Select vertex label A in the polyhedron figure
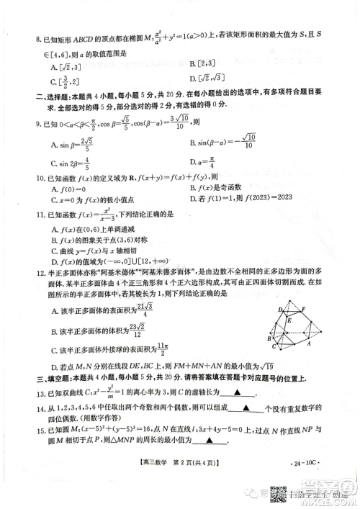(x=308, y=344)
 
